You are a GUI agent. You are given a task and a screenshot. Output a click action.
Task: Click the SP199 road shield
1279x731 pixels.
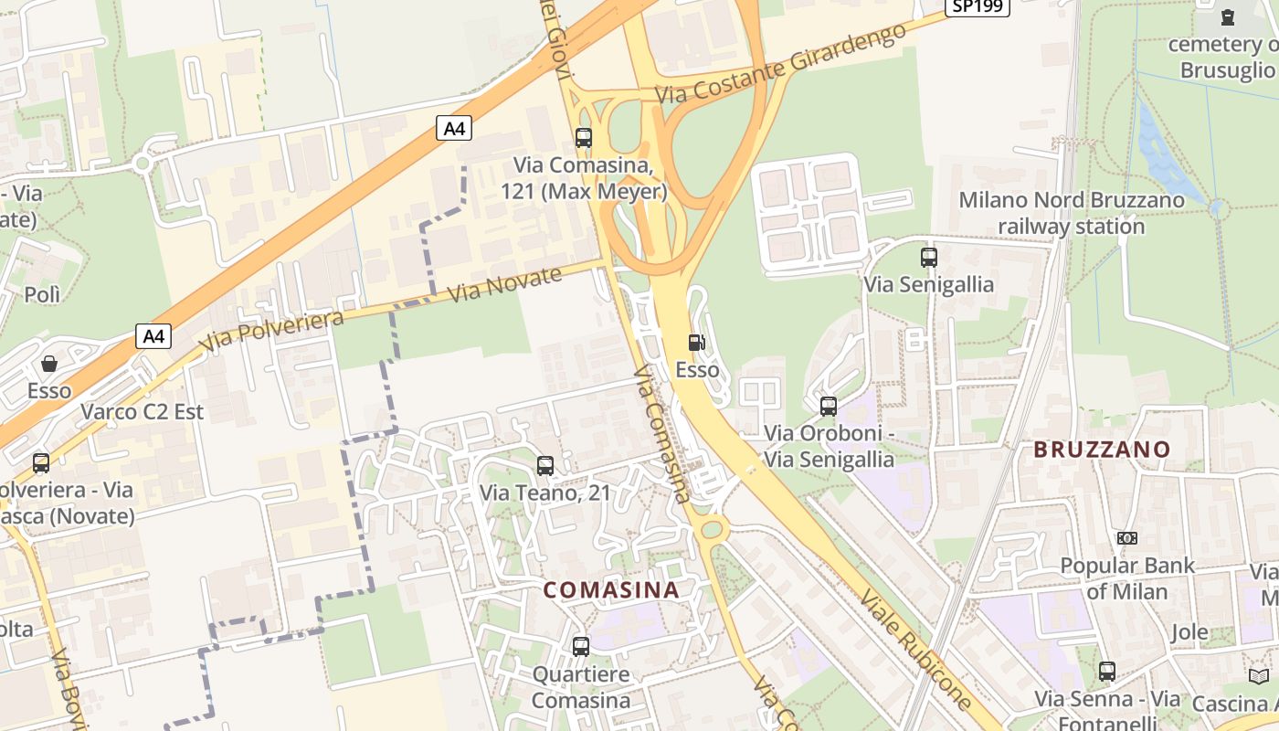tap(977, 6)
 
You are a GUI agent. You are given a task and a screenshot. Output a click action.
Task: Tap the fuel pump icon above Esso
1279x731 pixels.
tap(697, 343)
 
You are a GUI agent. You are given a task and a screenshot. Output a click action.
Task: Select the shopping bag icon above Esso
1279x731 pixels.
tap(49, 363)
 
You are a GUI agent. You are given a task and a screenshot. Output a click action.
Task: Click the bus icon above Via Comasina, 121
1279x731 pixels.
tap(584, 138)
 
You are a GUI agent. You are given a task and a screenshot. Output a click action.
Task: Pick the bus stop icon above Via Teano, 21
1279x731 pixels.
tap(545, 466)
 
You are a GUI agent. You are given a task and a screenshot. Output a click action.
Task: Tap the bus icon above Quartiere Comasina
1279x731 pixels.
tap(581, 647)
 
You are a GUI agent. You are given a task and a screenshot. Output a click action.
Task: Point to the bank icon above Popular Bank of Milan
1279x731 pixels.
tap(1127, 538)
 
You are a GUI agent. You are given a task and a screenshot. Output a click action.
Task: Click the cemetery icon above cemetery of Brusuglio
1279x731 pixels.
tap(1228, 16)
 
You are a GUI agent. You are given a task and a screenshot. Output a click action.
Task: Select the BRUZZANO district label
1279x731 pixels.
tap(1102, 450)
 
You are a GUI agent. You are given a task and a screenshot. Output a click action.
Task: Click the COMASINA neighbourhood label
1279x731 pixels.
tap(612, 590)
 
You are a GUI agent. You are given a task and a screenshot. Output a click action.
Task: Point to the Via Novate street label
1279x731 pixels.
tap(505, 285)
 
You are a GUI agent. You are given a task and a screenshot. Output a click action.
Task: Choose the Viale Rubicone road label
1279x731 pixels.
tap(915, 649)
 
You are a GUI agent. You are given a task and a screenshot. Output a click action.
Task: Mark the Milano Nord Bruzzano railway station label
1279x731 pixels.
tap(1071, 213)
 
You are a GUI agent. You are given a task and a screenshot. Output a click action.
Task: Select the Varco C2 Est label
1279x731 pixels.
tap(143, 412)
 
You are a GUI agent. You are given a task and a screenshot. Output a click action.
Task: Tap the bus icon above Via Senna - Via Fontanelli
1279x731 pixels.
tap(1107, 672)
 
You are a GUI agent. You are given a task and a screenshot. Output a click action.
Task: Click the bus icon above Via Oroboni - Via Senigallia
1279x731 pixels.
tap(829, 407)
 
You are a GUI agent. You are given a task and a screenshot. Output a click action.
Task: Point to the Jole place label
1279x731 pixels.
tap(1189, 632)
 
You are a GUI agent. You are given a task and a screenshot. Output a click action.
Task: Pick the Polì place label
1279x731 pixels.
tap(42, 294)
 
